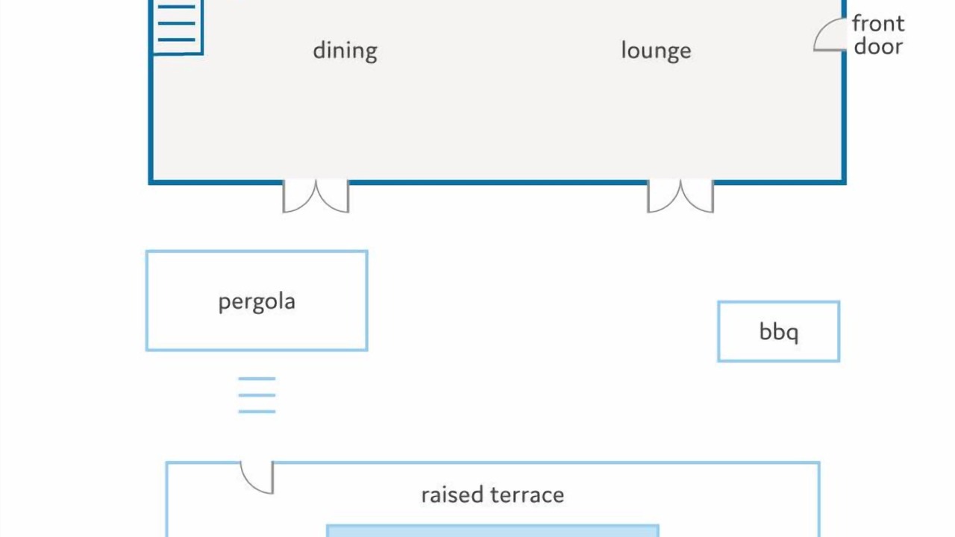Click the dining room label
click(x=345, y=51)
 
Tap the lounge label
click(x=656, y=51)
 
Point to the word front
click(x=878, y=23)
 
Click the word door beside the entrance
click(x=878, y=46)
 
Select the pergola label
click(x=257, y=302)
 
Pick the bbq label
click(x=779, y=332)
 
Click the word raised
click(x=452, y=494)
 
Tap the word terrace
click(x=527, y=495)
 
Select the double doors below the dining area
click(x=316, y=197)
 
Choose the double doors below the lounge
click(x=680, y=197)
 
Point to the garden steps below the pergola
click(x=257, y=395)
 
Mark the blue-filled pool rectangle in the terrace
click(x=493, y=531)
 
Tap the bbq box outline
click(x=718, y=332)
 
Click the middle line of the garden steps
click(x=257, y=395)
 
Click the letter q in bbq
click(x=792, y=334)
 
